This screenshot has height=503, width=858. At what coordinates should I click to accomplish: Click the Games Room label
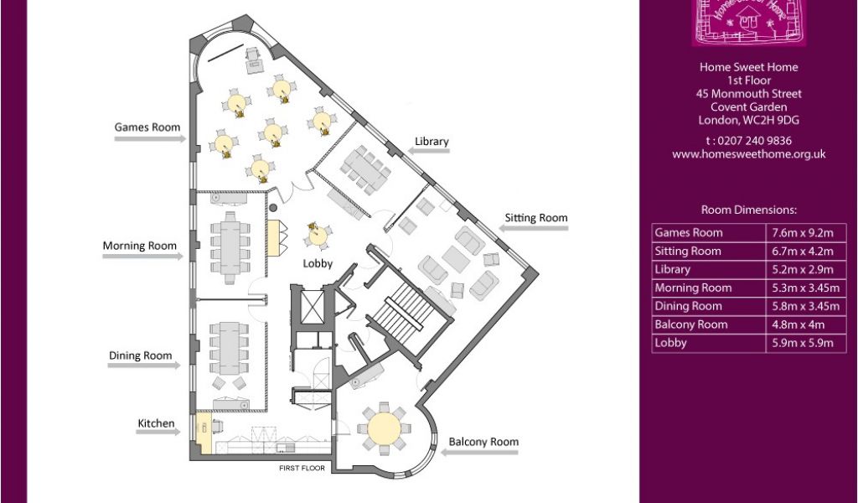click(147, 127)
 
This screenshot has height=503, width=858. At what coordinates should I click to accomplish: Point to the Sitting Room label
click(535, 218)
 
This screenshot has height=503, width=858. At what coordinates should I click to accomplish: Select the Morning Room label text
click(140, 246)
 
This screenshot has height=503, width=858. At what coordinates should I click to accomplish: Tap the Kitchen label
click(156, 423)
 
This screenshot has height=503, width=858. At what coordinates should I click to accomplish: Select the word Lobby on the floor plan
click(318, 263)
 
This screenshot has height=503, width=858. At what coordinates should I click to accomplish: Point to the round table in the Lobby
click(318, 236)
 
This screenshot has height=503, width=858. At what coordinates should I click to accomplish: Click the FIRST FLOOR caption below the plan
click(302, 468)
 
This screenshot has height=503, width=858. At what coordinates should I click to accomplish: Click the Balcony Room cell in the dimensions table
click(710, 324)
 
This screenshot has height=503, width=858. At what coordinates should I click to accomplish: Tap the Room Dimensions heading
click(748, 210)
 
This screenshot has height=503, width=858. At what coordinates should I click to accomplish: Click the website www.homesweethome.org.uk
click(748, 154)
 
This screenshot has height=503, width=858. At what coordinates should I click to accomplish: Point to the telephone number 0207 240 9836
click(748, 141)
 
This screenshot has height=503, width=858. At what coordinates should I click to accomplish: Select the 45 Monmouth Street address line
click(748, 94)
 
